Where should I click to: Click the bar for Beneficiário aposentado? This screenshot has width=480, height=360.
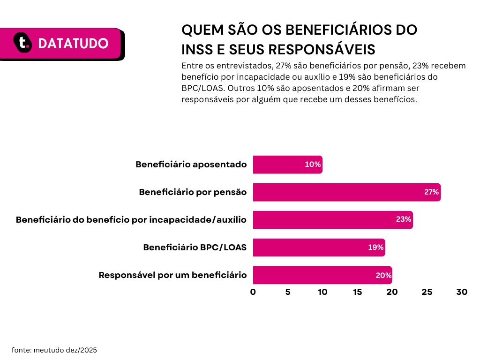pos(287,165)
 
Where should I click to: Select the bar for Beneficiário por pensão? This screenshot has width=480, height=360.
pos(346,192)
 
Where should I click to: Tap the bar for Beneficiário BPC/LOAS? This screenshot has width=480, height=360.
pos(319,247)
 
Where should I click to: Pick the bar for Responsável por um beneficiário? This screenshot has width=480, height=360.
pos(322,275)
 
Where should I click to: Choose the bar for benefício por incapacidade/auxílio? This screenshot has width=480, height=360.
pos(333,220)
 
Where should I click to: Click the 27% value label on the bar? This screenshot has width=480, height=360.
pos(431,192)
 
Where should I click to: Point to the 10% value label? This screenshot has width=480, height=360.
pos(313,165)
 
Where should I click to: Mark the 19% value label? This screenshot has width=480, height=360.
pos(376,247)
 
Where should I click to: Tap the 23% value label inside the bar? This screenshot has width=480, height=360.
pos(404,220)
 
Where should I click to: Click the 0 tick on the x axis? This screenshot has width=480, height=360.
pos(253,292)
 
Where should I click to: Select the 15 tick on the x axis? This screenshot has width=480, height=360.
pos(357,292)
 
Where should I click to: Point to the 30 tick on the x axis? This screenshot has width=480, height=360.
pos(462,292)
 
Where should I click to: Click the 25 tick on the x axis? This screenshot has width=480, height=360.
pos(427,292)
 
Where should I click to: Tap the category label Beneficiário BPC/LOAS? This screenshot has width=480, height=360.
pos(195,247)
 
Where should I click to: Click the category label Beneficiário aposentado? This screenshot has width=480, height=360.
pos(191,165)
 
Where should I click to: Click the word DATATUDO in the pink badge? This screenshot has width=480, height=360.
pos(73,44)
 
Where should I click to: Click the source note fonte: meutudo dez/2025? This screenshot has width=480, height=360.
pos(54,350)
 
